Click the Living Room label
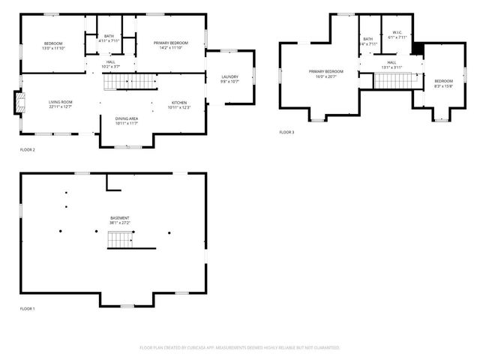[x=60, y=104]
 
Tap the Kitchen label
[x=178, y=104]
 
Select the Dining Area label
[x=126, y=121]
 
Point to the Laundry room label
[x=229, y=79]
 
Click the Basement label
[x=120, y=220]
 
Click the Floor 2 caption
[x=27, y=150]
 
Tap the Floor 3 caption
[x=287, y=132]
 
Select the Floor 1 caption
[x=27, y=308]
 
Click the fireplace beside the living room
[x=19, y=103]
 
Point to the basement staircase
[x=121, y=240]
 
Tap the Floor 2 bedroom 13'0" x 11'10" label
[x=52, y=46]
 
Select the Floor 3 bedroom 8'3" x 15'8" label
[x=444, y=83]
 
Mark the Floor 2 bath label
[x=109, y=38]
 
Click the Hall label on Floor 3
[x=391, y=64]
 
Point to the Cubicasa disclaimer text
[x=240, y=347]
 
